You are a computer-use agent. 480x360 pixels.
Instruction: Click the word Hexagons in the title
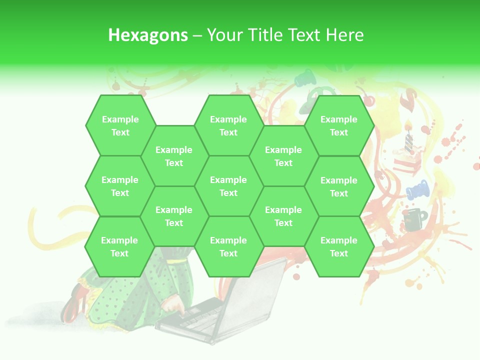point(148,35)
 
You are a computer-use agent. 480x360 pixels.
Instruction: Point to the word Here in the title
point(345,35)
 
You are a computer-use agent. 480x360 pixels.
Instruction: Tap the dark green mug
point(414,219)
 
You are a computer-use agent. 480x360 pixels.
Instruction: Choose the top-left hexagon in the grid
point(120,125)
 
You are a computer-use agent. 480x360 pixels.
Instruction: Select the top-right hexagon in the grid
point(339,125)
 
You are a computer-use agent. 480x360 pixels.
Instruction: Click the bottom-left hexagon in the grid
point(119,246)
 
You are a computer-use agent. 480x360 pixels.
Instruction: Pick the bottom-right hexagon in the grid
point(339,246)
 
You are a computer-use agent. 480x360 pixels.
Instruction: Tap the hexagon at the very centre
point(228,186)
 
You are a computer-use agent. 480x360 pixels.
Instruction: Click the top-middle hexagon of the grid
point(228,125)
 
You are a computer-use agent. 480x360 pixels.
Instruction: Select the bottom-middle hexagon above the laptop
point(228,246)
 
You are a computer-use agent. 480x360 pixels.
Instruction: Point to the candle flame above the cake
point(408,123)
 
